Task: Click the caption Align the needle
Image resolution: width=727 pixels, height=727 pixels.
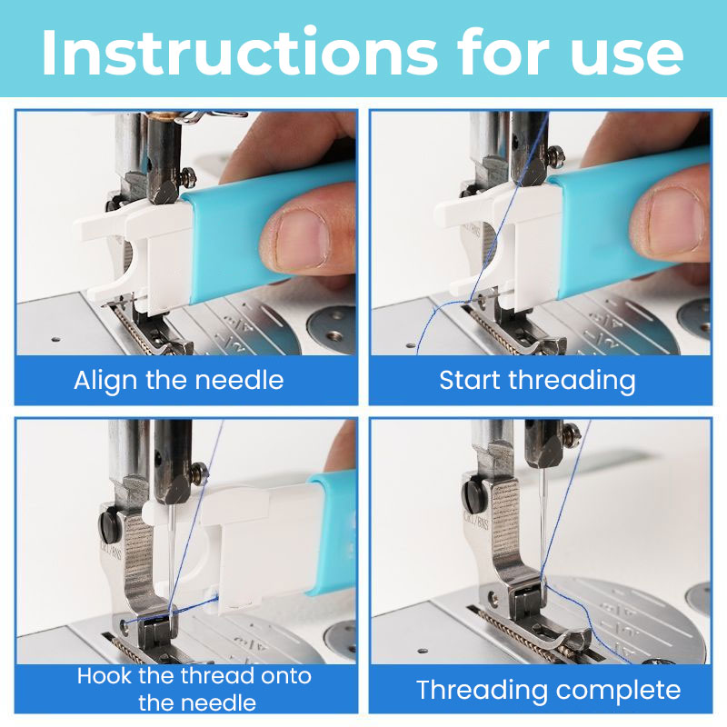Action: click(x=178, y=379)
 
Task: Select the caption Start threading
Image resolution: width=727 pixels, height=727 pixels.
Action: click(x=537, y=379)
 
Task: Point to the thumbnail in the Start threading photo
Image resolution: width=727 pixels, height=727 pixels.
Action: click(x=667, y=218)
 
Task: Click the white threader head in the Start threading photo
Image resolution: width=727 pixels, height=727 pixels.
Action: click(x=495, y=236)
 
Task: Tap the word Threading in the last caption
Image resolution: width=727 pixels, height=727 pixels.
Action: click(x=480, y=690)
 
